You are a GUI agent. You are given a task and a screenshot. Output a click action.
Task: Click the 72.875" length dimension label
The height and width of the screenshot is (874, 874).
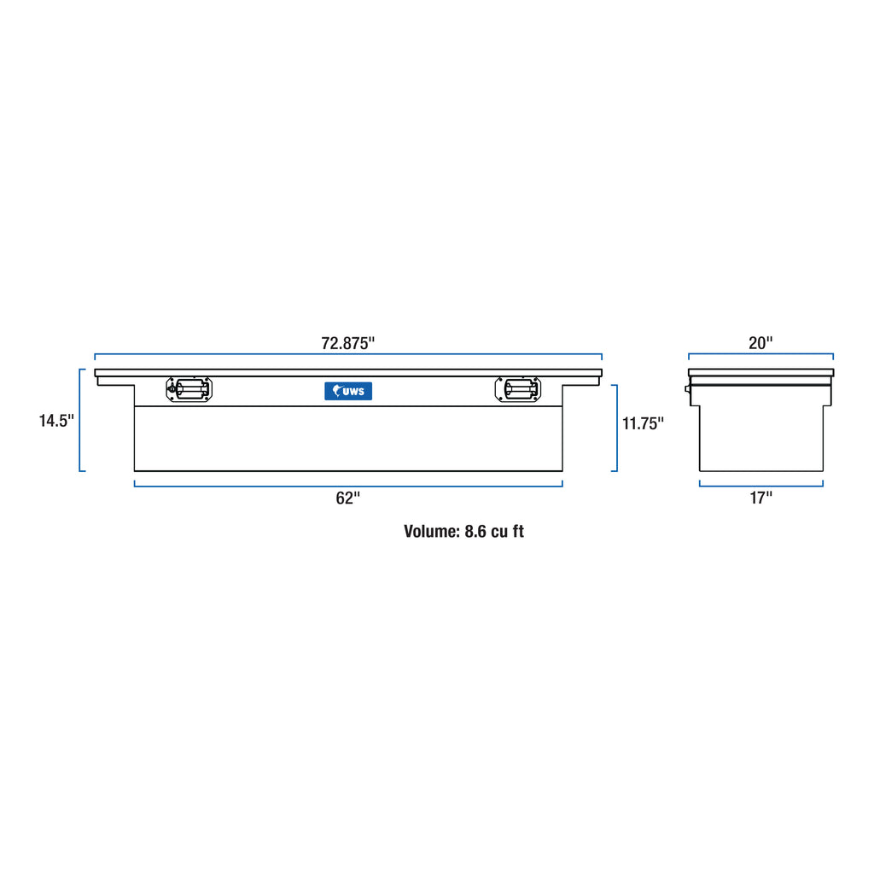coord(348,343)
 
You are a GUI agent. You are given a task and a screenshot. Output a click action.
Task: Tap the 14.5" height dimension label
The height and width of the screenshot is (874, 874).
coord(56,420)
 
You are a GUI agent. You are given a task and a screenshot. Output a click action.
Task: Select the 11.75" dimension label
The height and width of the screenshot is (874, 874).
coord(643,423)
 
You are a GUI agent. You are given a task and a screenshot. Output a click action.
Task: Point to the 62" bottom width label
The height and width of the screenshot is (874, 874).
coord(348,498)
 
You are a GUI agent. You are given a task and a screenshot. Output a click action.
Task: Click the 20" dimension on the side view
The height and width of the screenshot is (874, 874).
coord(760,343)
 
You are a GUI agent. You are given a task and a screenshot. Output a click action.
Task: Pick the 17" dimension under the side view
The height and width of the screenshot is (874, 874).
coord(760,498)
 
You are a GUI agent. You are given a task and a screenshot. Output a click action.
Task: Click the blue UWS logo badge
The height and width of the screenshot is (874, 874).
coord(348,391)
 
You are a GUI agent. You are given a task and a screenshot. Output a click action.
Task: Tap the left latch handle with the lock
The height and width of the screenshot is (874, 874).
coord(189,389)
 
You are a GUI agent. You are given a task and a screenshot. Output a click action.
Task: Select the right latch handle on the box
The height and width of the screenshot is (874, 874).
coord(518,389)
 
